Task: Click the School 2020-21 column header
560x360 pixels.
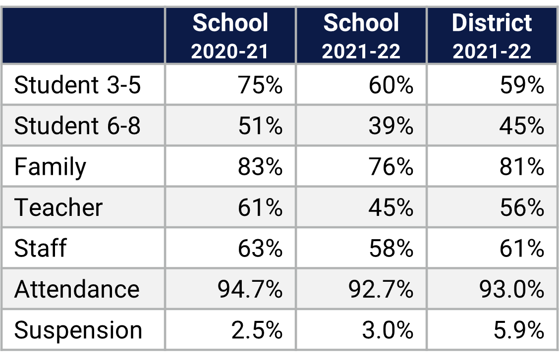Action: tap(230, 36)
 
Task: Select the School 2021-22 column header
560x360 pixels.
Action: tap(361, 36)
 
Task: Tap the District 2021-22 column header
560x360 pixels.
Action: tap(492, 36)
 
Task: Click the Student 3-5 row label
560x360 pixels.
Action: tap(78, 85)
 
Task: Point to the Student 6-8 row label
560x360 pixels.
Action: tap(78, 126)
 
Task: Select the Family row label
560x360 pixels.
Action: tap(50, 167)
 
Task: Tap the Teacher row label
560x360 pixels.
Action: tap(58, 207)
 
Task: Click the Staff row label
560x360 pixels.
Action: tap(40, 248)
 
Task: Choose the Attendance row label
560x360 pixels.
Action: tap(77, 289)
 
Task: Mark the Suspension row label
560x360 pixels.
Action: tap(78, 330)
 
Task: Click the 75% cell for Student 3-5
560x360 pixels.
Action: tap(260, 85)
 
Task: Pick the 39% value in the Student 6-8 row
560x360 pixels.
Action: tap(391, 126)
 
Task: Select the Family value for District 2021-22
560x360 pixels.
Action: tap(522, 167)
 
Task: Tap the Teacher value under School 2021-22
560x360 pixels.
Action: tap(391, 207)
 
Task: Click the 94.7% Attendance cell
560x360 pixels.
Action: tap(250, 289)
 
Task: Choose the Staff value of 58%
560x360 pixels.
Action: tap(391, 248)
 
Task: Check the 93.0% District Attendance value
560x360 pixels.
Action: tap(512, 289)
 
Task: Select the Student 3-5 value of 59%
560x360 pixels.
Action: tap(522, 85)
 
